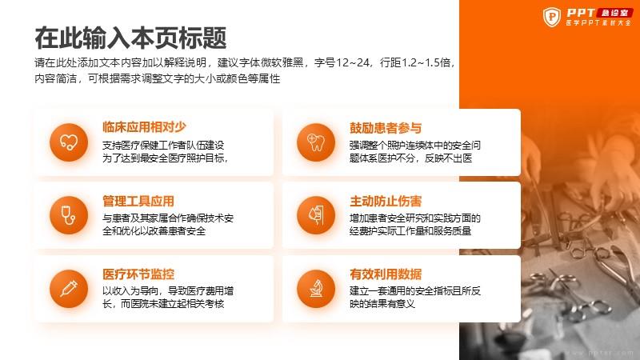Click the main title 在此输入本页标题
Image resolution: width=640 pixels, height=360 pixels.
[130, 38]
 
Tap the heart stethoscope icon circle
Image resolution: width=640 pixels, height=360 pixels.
[69, 142]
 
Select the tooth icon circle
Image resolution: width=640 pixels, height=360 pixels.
[316, 142]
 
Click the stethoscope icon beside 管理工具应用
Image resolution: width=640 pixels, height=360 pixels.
[69, 215]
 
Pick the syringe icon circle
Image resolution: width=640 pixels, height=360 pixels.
[69, 289]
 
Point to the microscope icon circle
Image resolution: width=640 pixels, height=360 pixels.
[316, 289]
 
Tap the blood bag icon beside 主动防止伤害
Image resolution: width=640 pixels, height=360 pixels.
[316, 215]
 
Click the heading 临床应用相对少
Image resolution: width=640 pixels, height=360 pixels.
[145, 127]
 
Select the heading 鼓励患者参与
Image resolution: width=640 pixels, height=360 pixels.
[386, 128]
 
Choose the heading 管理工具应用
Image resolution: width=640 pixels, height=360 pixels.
[138, 201]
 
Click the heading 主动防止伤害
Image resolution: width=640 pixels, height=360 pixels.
[386, 201]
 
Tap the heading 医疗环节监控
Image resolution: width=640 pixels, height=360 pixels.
[138, 274]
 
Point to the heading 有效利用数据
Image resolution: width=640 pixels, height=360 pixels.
[386, 274]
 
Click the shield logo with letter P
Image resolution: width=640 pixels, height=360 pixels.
[552, 17]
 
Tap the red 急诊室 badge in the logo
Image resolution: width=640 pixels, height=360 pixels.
[614, 13]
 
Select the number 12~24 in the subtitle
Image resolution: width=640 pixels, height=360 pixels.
[354, 62]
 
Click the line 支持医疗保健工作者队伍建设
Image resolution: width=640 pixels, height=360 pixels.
[163, 145]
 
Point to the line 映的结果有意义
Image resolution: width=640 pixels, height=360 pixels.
[382, 304]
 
